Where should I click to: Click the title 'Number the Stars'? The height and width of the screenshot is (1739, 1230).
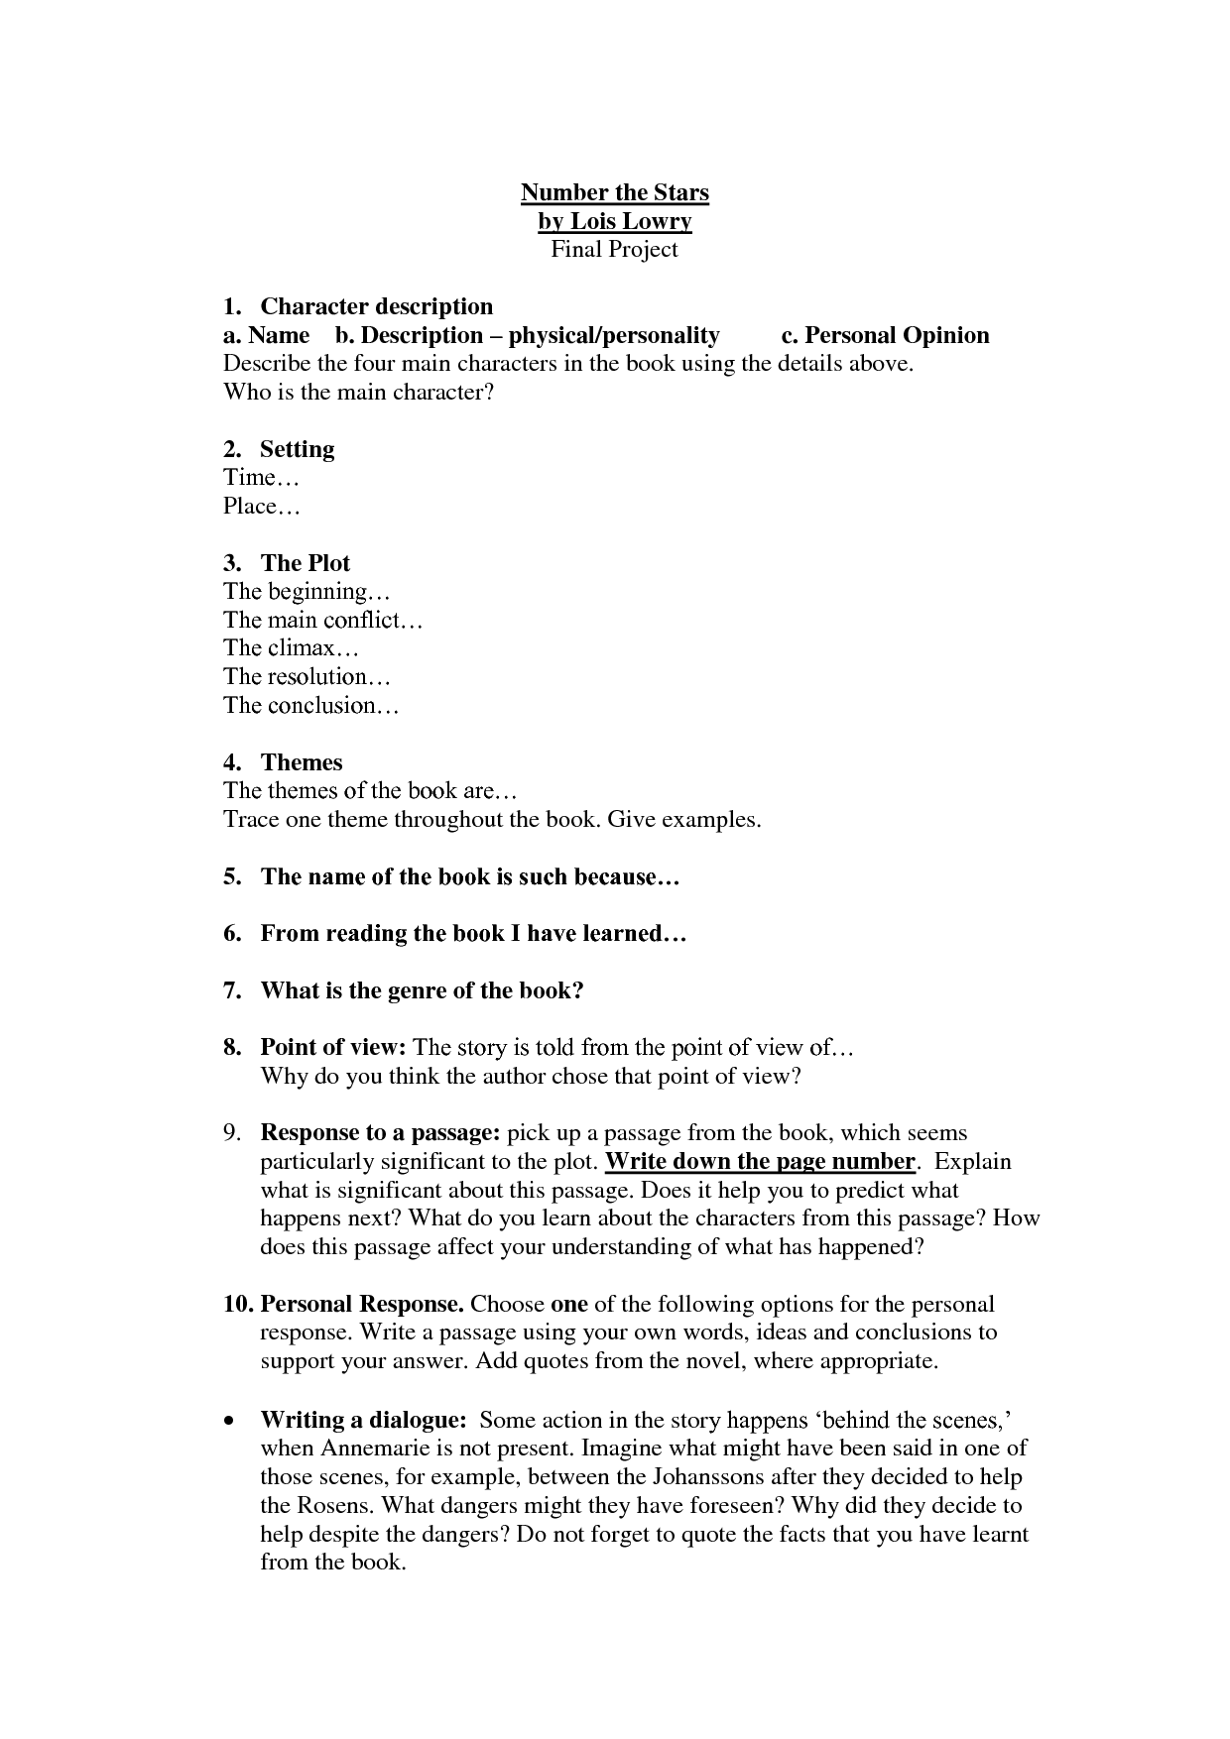[614, 192]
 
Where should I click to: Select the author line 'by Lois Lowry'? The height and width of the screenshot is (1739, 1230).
[614, 221]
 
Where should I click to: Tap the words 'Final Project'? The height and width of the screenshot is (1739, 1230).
[614, 249]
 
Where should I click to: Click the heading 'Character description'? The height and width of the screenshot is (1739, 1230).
[376, 306]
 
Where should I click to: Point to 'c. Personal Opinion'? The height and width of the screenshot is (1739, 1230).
[885, 335]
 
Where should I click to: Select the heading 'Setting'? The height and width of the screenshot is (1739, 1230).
[297, 449]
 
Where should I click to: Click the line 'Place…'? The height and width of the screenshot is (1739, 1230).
[261, 507]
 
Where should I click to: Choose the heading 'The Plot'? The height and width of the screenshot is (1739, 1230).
[305, 563]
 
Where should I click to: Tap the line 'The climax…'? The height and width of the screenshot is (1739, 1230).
[291, 648]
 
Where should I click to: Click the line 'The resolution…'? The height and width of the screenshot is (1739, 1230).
[307, 677]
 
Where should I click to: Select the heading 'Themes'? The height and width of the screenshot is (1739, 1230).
[301, 762]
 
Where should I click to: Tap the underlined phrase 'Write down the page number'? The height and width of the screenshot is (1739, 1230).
[759, 1161]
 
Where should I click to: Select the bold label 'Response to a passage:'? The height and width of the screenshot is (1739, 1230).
[380, 1132]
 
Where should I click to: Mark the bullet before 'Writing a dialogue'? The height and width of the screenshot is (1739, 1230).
[230, 1421]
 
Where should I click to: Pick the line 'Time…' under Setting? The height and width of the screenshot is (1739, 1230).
[261, 478]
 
